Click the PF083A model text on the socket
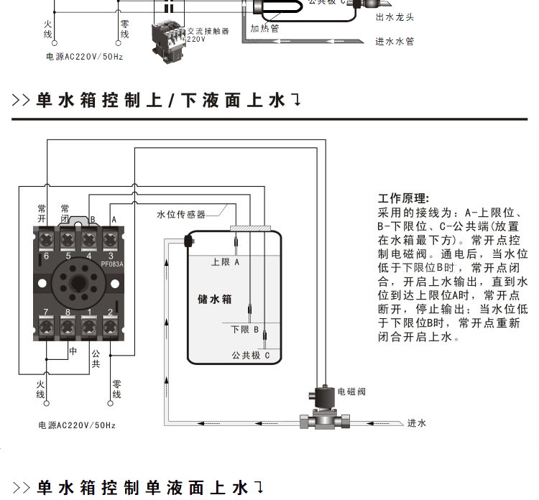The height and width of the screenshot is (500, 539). pyautogui.click(x=112, y=264)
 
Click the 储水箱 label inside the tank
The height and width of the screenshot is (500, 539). pyautogui.click(x=214, y=299)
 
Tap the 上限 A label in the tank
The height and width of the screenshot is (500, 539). pyautogui.click(x=225, y=263)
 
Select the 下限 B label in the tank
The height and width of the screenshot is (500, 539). pyautogui.click(x=244, y=330)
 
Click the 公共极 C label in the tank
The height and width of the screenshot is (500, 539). pyautogui.click(x=250, y=355)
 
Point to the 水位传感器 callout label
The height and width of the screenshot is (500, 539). pyautogui.click(x=181, y=214)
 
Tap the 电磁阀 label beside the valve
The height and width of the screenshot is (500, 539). pyautogui.click(x=351, y=392)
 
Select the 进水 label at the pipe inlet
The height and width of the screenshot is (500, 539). pyautogui.click(x=417, y=423)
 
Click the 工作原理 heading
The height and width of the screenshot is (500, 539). pyautogui.click(x=403, y=198)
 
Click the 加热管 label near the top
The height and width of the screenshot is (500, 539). pyautogui.click(x=264, y=29)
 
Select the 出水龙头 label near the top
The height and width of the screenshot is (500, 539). pyautogui.click(x=395, y=17)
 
